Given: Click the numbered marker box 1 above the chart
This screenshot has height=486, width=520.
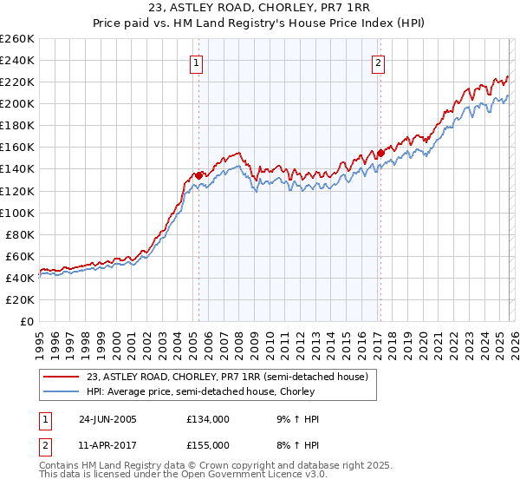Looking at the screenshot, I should (x=198, y=62).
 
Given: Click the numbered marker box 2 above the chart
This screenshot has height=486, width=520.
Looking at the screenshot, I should (x=379, y=62).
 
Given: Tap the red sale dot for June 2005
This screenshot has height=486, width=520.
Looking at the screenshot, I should (x=199, y=175).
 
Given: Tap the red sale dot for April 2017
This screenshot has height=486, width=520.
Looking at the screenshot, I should (x=380, y=153).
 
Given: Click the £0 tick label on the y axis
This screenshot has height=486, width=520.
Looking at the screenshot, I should (x=26, y=321).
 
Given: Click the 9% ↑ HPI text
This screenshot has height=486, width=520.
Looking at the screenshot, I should (x=301, y=419).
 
